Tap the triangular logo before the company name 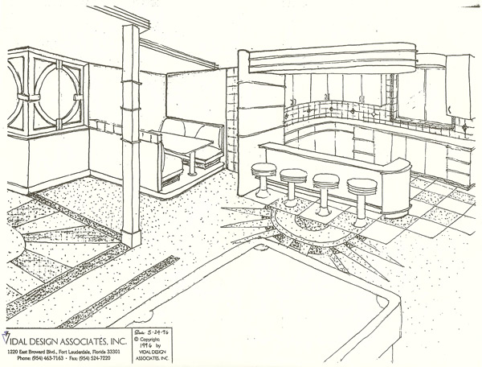click(6, 332)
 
